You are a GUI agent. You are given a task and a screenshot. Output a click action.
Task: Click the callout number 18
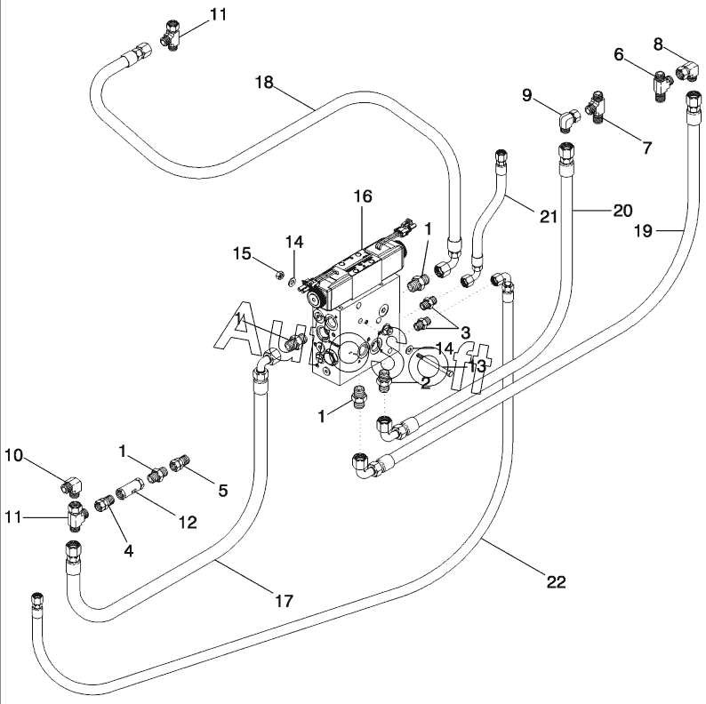[264, 83]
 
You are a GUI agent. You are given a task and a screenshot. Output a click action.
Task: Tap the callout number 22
[556, 582]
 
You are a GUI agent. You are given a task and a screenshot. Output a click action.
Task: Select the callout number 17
[285, 601]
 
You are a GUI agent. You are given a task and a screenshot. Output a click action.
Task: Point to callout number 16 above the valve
[363, 196]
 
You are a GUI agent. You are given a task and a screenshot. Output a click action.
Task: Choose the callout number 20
[623, 210]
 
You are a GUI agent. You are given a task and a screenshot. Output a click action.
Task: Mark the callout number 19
[643, 231]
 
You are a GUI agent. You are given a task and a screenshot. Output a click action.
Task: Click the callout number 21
[549, 217]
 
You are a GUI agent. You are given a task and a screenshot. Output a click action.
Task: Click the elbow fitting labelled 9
[569, 118]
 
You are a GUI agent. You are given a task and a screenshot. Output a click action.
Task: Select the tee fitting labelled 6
[662, 84]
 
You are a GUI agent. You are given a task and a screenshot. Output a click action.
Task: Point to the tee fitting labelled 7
[595, 108]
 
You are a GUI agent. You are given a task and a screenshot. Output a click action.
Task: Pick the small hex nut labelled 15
[278, 273]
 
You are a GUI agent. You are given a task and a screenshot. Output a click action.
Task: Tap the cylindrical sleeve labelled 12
[130, 487]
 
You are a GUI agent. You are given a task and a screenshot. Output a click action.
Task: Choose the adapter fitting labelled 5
[181, 464]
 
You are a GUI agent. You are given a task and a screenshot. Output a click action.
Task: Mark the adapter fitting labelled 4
[105, 504]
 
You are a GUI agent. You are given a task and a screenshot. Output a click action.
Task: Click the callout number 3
[465, 332]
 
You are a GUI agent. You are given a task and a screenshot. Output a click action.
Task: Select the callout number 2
[426, 383]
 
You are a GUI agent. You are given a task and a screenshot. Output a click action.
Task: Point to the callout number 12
[188, 523]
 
